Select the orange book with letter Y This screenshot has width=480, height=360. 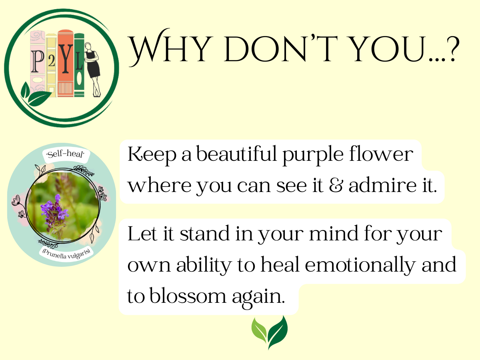point(65,63)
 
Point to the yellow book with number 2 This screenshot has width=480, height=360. point(51,65)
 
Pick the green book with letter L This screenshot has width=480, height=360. point(79,65)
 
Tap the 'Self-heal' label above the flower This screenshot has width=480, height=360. point(66,154)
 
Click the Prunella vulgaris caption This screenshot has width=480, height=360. point(66,254)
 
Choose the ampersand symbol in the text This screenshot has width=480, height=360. point(336,185)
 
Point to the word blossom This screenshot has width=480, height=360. point(188,296)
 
